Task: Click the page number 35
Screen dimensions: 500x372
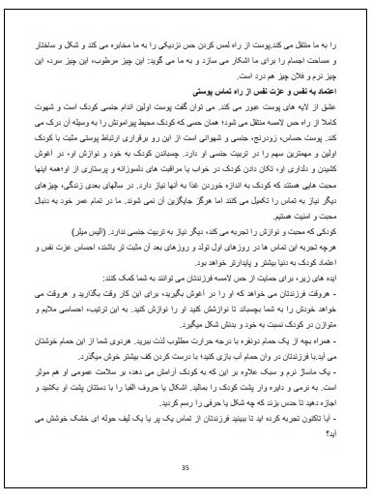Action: click(x=186, y=469)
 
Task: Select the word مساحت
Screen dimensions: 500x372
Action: click(x=325, y=58)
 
